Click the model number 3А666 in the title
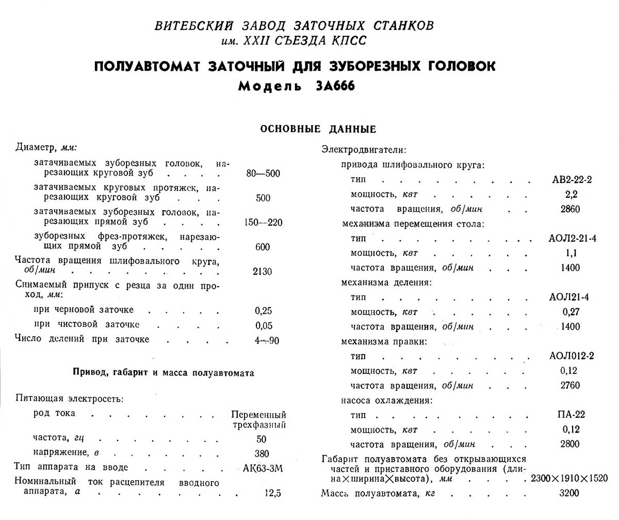(333, 86)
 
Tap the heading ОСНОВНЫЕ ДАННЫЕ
(318, 129)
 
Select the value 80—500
(263, 174)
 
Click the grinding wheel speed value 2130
(263, 272)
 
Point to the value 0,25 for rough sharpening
(263, 310)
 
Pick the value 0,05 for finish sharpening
(263, 325)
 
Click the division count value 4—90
(263, 339)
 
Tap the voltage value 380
(262, 454)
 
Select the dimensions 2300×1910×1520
(569, 478)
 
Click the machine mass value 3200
(569, 493)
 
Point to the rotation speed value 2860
(569, 209)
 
